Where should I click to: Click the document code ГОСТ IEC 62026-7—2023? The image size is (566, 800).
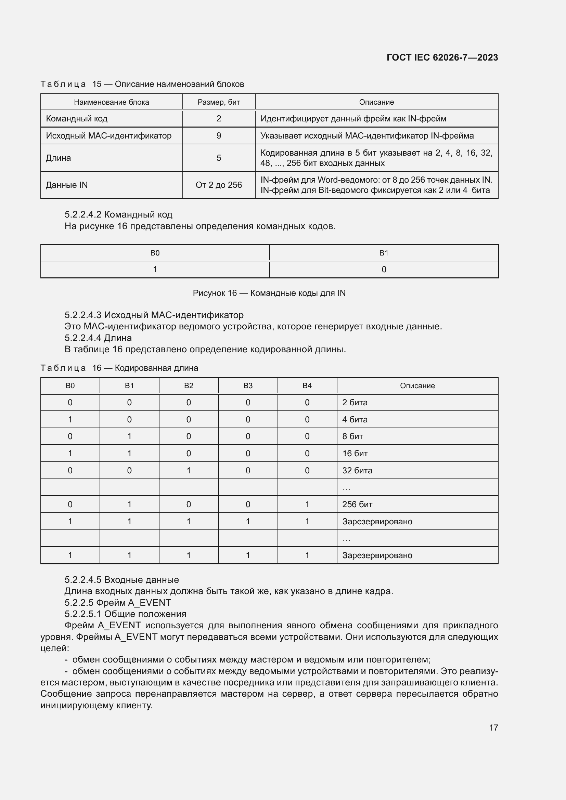[442, 57]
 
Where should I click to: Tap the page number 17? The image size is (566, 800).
[493, 727]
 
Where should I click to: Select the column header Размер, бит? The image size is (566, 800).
[219, 102]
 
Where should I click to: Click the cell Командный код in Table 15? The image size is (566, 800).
[77, 118]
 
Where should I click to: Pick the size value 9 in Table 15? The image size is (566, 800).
[219, 135]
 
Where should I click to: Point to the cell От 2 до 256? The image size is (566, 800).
[219, 185]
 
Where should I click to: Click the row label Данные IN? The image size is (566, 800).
[67, 185]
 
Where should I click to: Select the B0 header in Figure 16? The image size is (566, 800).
[155, 253]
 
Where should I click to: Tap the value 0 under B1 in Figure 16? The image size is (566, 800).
[384, 269]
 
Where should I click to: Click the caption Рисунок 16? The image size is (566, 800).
[269, 293]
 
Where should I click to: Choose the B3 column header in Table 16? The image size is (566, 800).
[248, 386]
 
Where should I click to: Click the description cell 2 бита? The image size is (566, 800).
[355, 403]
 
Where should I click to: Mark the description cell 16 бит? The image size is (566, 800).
[355, 453]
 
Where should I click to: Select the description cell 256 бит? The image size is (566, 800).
[357, 504]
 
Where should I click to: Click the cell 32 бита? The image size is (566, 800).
[357, 470]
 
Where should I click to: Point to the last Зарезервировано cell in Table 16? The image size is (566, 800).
[377, 555]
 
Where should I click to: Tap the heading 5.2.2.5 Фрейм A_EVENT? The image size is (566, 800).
[118, 602]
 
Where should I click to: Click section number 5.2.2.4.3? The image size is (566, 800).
[83, 315]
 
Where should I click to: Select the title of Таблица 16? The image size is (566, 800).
[119, 368]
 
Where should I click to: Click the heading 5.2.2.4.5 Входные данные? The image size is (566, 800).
[121, 580]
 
